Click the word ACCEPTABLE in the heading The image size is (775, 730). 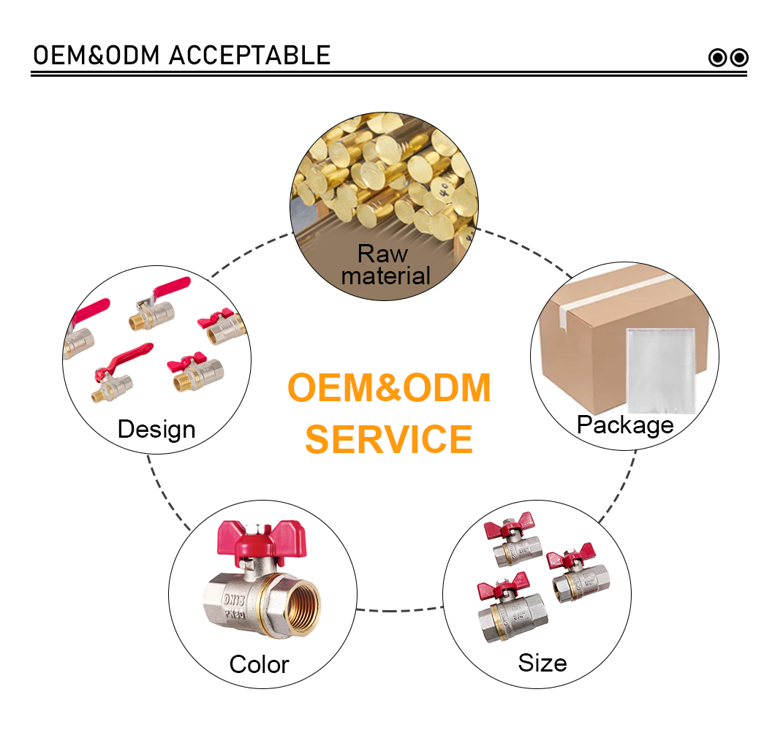point(249,56)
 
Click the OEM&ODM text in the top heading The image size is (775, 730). point(97,56)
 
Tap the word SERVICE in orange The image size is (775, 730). point(389,439)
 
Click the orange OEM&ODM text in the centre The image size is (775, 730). point(389,388)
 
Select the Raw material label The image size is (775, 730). point(385,265)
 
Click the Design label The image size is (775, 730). point(156,429)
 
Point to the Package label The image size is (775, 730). point(625,425)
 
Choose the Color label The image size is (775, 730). point(259,664)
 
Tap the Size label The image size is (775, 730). point(542,663)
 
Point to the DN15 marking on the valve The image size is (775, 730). point(234,600)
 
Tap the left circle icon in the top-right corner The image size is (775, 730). point(718,58)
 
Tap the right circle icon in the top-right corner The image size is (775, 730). point(739,58)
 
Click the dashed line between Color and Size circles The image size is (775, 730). point(399,610)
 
